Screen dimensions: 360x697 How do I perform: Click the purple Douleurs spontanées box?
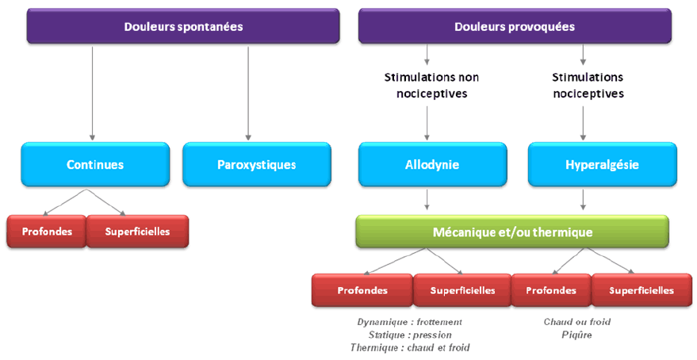pos(183,26)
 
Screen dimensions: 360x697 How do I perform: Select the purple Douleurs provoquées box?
pos(515,26)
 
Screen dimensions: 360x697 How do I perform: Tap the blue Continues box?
pos(95,165)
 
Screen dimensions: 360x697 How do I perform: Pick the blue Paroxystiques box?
pos(256,165)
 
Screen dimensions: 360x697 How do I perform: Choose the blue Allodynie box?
pos(432,165)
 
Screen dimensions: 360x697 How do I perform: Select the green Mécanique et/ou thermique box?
pos(512,232)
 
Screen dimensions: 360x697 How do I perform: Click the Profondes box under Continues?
pos(46,232)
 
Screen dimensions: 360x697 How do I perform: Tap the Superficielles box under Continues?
pos(137,232)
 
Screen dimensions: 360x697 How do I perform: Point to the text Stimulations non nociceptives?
pos(431,86)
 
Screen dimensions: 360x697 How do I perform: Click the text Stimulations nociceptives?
pos(588,86)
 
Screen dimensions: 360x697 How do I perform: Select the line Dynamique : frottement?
pos(410,322)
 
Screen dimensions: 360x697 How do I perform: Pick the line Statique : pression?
pos(410,335)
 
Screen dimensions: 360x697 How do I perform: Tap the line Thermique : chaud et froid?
pos(410,347)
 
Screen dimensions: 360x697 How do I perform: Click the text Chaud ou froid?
pos(577,322)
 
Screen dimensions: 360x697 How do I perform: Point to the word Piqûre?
pos(577,335)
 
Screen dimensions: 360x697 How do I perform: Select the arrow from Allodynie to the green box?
pos(428,199)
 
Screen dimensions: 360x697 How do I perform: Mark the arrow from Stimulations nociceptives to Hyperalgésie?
pos(584,123)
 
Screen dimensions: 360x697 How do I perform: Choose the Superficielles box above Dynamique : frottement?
pos(462,290)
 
